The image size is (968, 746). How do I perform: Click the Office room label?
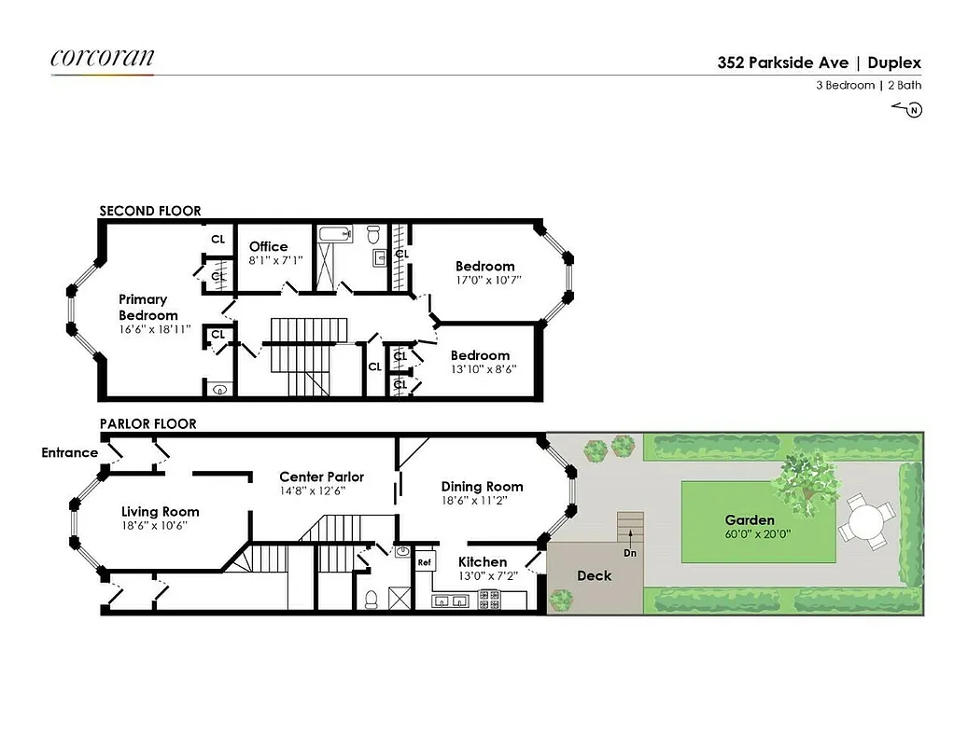(268, 246)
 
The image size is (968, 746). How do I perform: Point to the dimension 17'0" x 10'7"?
(484, 279)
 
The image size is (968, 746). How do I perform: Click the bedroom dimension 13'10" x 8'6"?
(483, 368)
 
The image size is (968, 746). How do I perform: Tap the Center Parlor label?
(321, 477)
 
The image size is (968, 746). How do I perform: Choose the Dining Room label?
(482, 486)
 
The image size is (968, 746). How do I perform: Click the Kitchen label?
(483, 561)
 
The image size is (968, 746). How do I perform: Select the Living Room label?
(160, 511)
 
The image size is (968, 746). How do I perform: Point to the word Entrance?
(69, 453)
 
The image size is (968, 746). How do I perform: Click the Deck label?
(594, 575)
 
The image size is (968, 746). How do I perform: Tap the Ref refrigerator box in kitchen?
(424, 562)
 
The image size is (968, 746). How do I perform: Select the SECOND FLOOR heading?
(150, 211)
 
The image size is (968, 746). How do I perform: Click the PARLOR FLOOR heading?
(148, 423)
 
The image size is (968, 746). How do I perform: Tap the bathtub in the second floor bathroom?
(332, 234)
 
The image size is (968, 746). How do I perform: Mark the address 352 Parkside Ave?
(783, 63)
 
